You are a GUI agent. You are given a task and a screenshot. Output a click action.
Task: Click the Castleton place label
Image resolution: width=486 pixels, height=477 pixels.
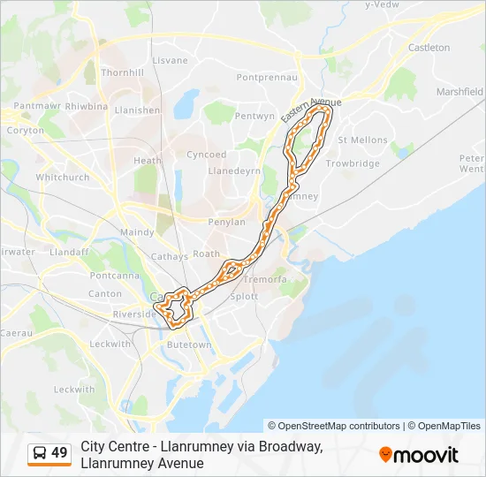429,48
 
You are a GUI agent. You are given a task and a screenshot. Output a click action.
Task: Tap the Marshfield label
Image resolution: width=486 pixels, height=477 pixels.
459,91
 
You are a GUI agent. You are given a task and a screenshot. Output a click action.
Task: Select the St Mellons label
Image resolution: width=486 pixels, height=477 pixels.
362,140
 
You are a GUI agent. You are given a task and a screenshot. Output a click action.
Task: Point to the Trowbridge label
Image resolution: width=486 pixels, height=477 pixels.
353,163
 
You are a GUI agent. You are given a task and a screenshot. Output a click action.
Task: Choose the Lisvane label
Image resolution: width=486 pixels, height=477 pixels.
171,60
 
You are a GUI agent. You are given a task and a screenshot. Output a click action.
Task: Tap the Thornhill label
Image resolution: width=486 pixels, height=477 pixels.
123,72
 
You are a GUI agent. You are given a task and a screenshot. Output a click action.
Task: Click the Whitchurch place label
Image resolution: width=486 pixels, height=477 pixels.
63,177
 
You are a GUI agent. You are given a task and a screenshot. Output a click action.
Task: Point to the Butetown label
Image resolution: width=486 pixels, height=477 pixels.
189,344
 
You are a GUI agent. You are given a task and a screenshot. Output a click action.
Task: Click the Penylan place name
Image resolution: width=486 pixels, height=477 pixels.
226,222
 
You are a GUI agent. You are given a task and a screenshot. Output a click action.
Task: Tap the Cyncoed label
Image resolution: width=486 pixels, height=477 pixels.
206,155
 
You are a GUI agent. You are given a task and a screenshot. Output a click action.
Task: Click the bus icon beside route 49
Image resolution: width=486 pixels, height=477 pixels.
40,453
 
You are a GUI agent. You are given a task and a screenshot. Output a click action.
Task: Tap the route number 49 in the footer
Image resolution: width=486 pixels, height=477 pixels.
59,453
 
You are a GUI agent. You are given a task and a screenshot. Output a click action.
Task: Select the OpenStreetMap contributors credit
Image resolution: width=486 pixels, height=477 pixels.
334,426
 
